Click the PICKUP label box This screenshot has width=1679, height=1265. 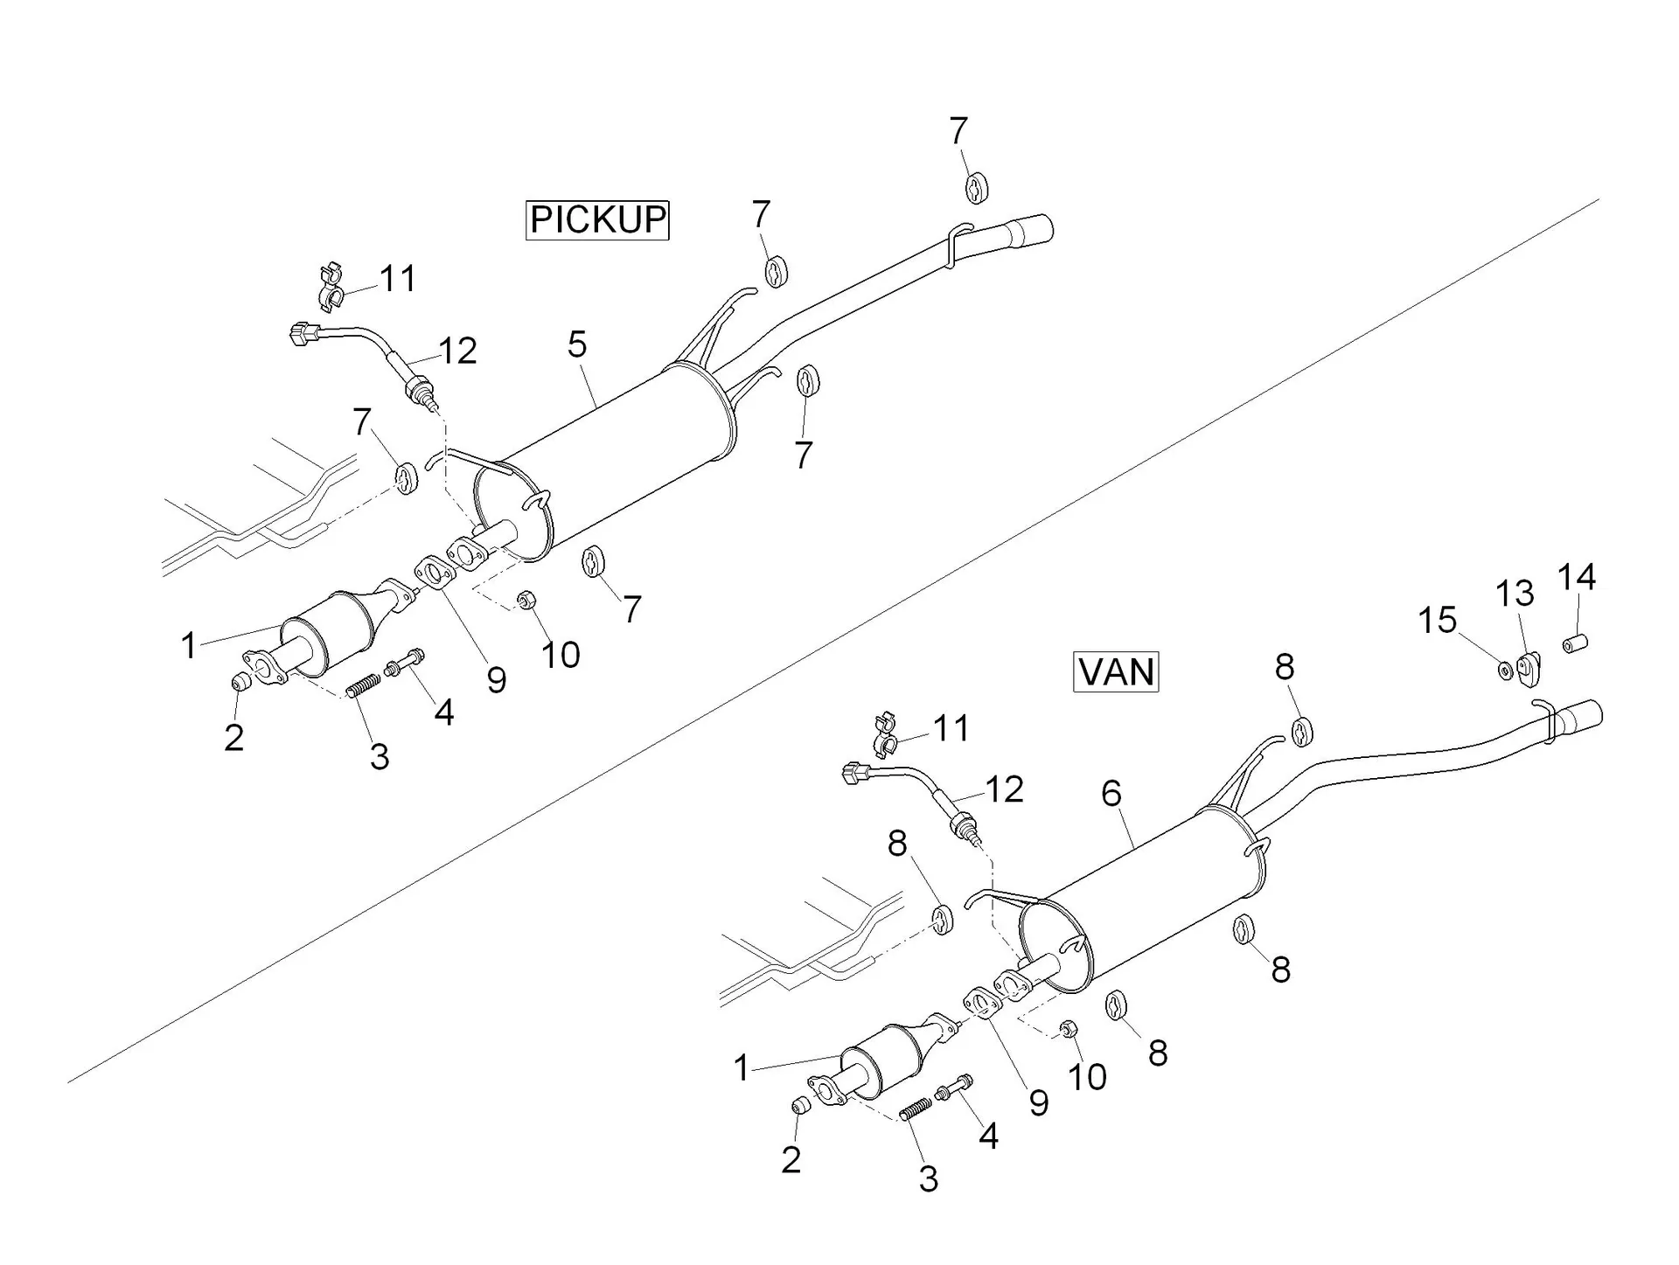[x=597, y=219]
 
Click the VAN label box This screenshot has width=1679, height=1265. [x=1116, y=671]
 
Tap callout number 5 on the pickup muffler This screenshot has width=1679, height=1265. [x=577, y=344]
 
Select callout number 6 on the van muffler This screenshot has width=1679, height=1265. [x=1111, y=793]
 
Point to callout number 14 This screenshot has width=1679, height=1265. [x=1577, y=577]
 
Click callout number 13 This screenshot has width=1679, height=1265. [x=1515, y=594]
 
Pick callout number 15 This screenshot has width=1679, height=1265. [x=1437, y=621]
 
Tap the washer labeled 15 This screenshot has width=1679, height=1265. [x=1505, y=671]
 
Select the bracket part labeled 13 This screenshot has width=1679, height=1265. [x=1529, y=671]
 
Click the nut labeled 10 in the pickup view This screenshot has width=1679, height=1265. [x=526, y=600]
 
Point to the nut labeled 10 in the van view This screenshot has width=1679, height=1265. [x=1067, y=1028]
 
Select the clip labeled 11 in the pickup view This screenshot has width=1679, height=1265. [x=331, y=286]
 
